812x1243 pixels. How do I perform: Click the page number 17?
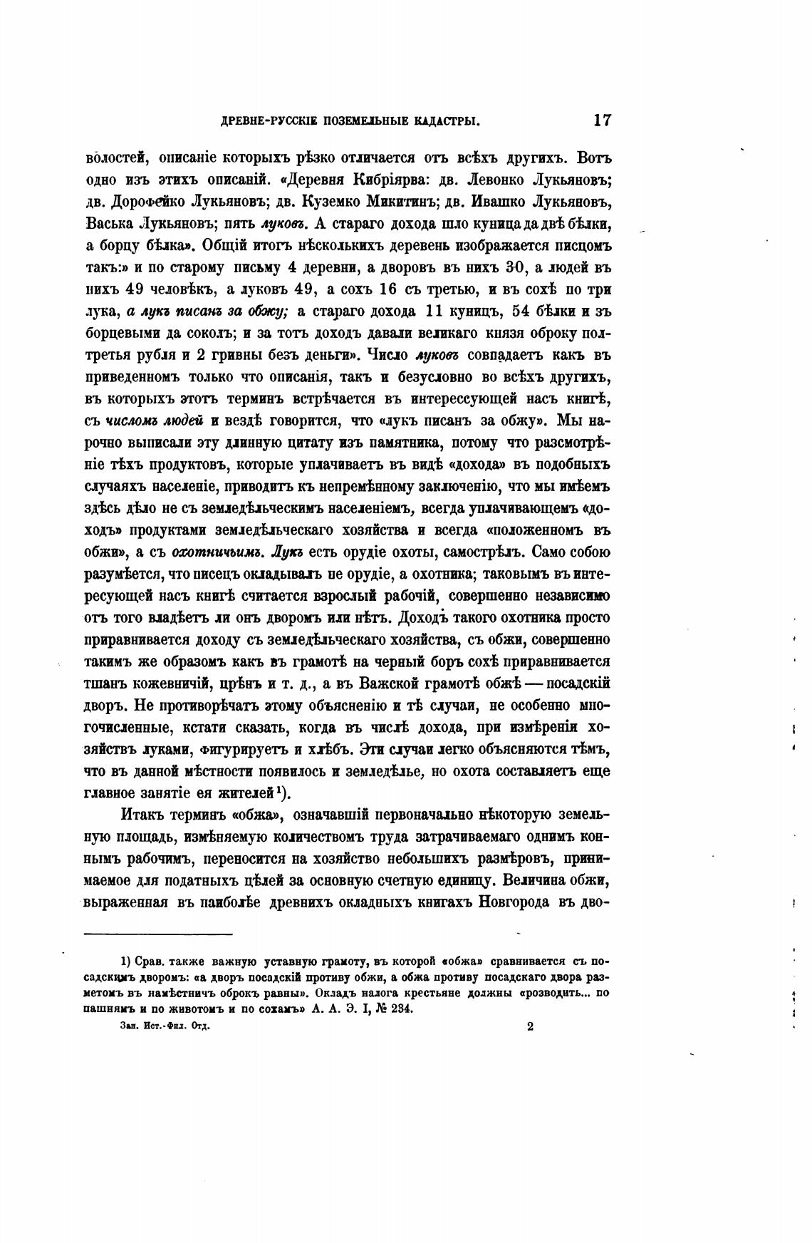(601, 120)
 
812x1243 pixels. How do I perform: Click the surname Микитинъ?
(405, 202)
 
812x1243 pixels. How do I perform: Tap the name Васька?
(108, 224)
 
